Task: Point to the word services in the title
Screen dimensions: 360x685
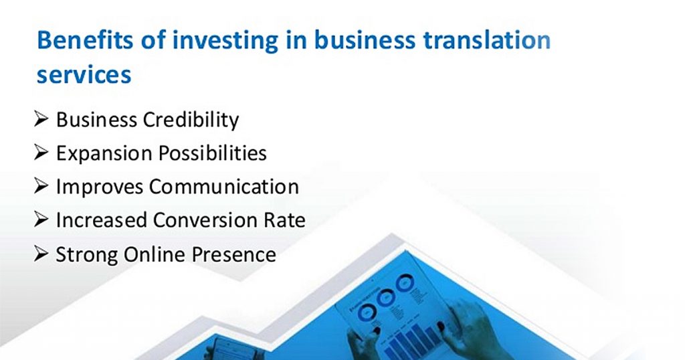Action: (84, 74)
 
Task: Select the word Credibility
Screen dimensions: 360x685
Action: (191, 120)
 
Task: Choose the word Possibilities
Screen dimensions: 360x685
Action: (213, 153)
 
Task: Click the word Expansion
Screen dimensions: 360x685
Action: (104, 153)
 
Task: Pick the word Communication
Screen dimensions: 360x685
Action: (224, 187)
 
